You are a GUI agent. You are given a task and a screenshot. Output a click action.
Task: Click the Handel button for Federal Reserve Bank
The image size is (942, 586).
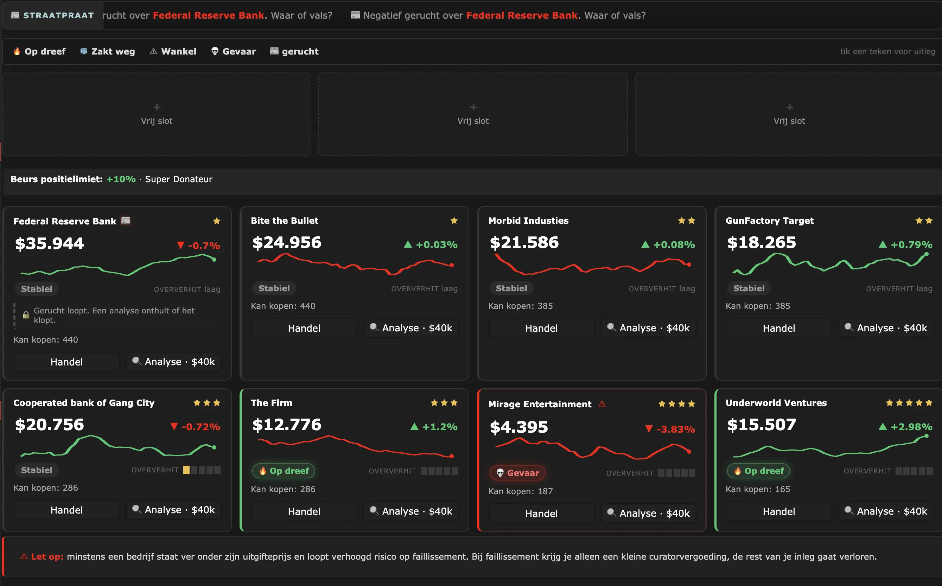point(66,362)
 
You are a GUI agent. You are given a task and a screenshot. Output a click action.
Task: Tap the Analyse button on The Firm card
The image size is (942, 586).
point(411,511)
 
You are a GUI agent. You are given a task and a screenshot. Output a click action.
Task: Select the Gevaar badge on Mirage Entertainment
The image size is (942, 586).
point(517,473)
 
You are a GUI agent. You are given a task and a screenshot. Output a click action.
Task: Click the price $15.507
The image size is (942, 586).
point(762,425)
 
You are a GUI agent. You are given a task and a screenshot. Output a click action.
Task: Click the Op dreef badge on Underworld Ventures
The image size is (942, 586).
point(758,471)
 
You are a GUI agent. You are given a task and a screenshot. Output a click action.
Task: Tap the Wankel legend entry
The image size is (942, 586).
point(173,52)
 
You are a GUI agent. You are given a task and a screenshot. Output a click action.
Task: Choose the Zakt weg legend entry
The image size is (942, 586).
point(107,52)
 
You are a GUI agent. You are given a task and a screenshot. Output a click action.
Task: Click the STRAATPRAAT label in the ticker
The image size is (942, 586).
point(58,15)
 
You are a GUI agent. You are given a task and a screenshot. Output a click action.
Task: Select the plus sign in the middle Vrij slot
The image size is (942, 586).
point(473,107)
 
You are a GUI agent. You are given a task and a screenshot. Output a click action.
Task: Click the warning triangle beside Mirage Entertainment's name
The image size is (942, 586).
point(602,404)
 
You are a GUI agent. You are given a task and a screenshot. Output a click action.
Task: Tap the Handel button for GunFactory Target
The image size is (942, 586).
point(779,328)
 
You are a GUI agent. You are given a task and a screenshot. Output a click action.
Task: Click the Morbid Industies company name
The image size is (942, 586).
point(528,221)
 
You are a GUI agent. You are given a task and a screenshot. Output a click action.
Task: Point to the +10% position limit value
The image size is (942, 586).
point(121,179)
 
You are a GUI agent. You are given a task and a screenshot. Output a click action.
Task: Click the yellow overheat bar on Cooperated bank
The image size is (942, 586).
point(186,470)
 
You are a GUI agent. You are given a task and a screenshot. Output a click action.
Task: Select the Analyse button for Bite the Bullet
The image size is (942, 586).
point(411,328)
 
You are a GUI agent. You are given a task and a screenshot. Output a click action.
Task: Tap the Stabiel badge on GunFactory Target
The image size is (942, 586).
point(749,288)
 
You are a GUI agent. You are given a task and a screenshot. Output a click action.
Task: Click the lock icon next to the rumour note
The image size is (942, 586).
point(26,315)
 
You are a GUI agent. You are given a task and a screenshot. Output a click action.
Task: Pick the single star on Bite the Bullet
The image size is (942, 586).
point(454,221)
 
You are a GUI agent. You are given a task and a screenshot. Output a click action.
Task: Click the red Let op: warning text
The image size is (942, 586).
point(47,556)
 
